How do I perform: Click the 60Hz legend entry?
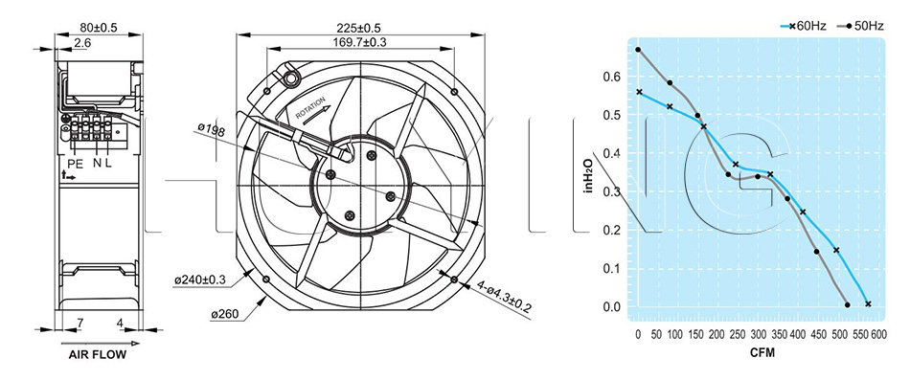point(804,26)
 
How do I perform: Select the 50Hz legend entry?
point(861,26)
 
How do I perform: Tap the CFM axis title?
point(762,353)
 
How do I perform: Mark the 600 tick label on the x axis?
point(878,335)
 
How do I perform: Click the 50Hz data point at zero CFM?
point(638,50)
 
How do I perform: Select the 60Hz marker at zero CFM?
point(639,92)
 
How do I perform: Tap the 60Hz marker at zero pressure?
point(868,303)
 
